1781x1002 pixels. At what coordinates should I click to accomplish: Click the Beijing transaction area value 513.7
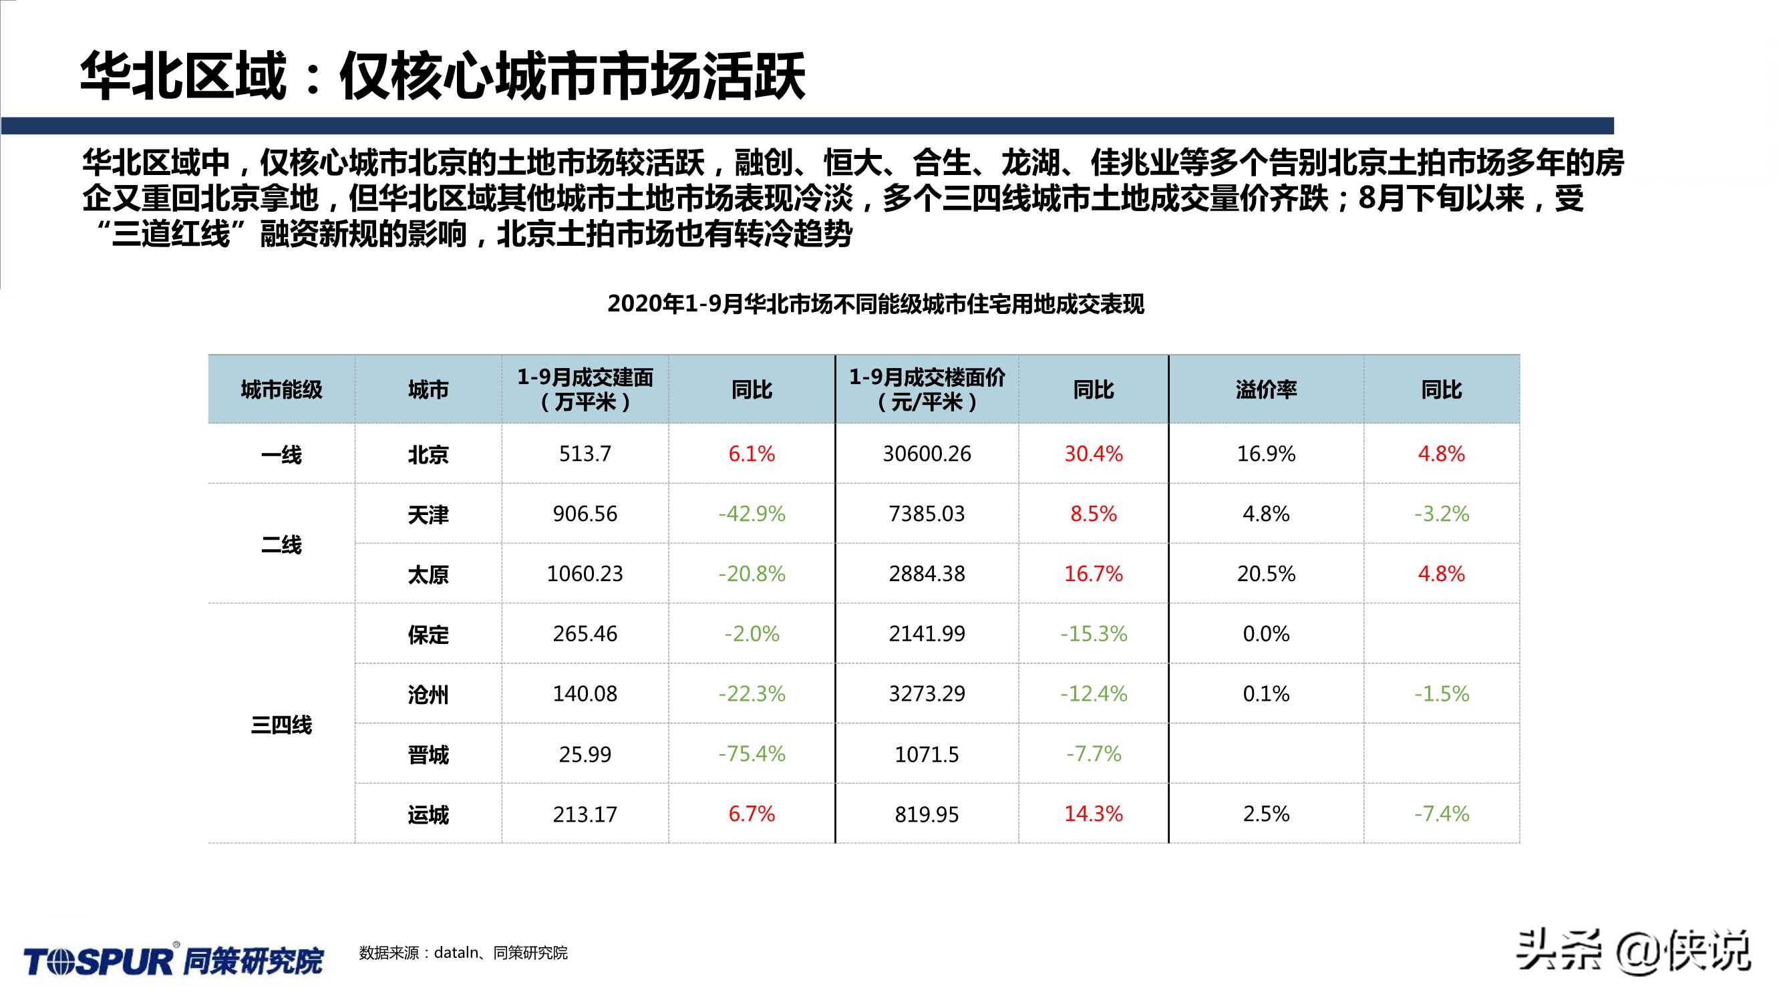(x=585, y=454)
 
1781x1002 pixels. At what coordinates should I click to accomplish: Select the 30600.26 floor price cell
(x=927, y=454)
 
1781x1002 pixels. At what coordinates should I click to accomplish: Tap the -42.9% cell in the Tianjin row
(x=752, y=514)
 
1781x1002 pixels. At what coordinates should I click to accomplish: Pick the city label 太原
(x=428, y=574)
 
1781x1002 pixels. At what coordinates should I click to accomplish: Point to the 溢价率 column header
(x=1266, y=390)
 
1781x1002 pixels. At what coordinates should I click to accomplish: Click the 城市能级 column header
(x=281, y=390)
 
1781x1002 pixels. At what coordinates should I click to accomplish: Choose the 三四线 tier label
(x=281, y=725)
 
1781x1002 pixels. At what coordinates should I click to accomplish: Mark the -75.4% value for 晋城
(x=752, y=754)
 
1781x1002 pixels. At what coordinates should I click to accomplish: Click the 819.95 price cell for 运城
(x=927, y=814)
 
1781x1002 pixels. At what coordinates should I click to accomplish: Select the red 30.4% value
(x=1093, y=454)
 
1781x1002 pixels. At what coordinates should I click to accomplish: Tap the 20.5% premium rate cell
(x=1266, y=574)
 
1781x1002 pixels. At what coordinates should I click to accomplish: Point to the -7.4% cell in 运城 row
(x=1442, y=814)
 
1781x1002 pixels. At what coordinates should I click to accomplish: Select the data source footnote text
(x=463, y=953)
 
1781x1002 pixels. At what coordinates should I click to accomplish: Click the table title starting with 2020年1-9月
(x=876, y=304)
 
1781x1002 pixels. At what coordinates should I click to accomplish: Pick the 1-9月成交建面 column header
(x=585, y=389)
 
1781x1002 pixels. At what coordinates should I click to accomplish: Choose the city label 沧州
(x=428, y=694)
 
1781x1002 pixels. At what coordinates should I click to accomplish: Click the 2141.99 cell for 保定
(x=927, y=634)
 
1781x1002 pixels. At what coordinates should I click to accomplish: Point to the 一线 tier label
(x=281, y=455)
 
